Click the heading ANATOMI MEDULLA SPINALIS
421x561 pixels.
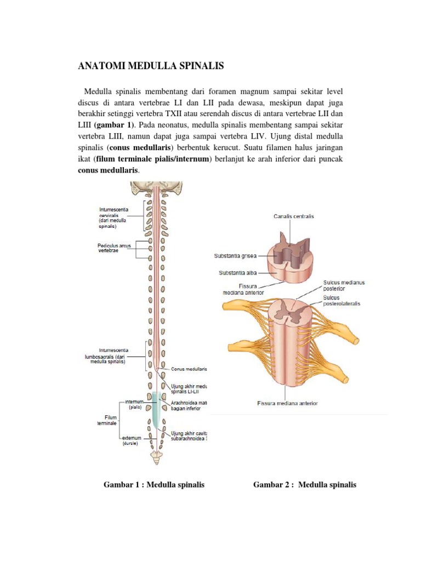[x=152, y=66]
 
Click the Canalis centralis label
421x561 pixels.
[x=293, y=216]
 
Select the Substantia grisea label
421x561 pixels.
[x=235, y=255]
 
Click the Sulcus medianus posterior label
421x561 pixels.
[x=343, y=286]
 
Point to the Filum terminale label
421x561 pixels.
[x=107, y=420]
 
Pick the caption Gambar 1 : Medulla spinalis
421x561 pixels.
[x=154, y=485]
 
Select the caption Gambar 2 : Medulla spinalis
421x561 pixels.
[x=304, y=485]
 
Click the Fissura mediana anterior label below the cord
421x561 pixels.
[x=287, y=404]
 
